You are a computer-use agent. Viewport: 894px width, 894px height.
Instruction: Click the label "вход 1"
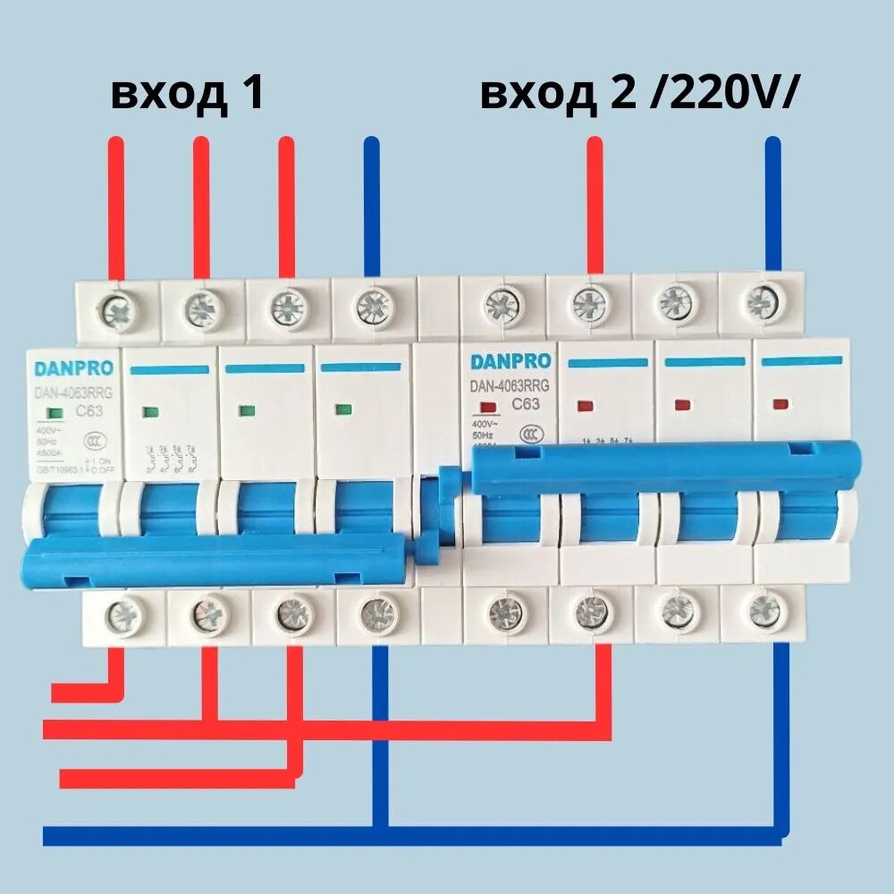coord(188,93)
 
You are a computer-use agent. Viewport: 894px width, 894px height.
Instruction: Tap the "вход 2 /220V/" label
coord(637,93)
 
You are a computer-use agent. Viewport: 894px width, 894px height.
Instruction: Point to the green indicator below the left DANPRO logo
coord(54,412)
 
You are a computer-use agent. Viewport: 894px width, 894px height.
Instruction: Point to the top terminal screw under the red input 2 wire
coord(590,304)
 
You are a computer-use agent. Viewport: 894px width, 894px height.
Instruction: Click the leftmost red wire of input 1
coord(115,206)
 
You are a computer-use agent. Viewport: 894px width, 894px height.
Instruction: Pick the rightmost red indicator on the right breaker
coord(780,404)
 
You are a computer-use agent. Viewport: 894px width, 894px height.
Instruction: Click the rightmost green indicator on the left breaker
coord(340,410)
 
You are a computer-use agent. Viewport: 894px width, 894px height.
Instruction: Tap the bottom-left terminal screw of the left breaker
coord(118,613)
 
